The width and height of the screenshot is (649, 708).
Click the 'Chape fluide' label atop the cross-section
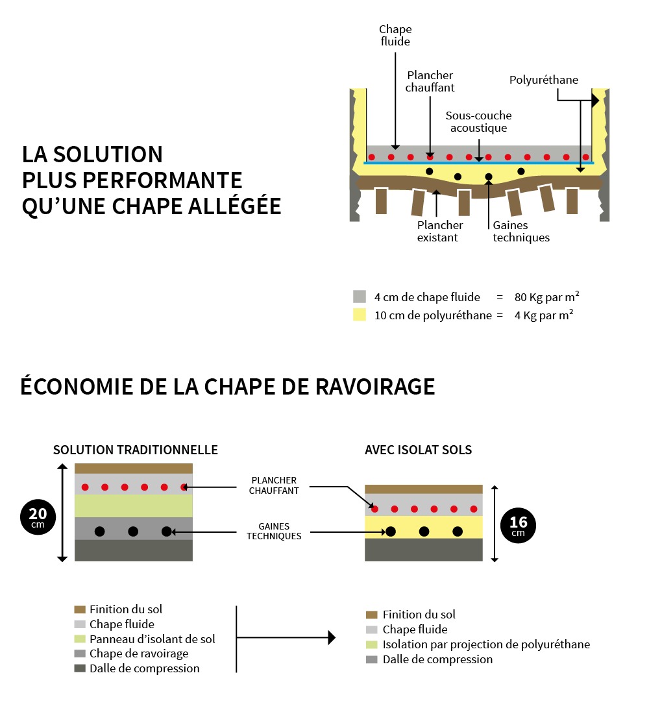tap(395, 36)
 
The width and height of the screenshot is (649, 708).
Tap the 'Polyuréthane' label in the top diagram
tap(543, 80)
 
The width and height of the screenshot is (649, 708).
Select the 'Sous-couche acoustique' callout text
tap(478, 122)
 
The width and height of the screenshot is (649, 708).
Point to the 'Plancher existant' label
tap(440, 232)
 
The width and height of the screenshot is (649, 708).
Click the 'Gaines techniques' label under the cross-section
tap(520, 232)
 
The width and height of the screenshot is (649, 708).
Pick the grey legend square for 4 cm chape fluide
tap(360, 297)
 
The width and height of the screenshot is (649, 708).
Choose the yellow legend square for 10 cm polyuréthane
tap(360, 315)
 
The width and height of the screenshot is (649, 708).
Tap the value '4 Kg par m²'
tap(543, 316)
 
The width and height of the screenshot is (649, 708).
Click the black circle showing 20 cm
tap(38, 517)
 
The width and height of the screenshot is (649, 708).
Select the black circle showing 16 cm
tap(518, 526)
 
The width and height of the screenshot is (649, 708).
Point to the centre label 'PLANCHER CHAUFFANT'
tap(274, 486)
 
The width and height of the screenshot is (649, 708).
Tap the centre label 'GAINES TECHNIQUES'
tap(274, 531)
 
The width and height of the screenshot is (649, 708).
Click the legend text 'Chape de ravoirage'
tap(139, 653)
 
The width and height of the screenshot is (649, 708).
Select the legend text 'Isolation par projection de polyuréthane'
tap(486, 644)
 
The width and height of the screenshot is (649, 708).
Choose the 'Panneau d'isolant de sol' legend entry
tap(152, 639)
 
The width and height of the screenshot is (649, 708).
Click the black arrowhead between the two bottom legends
tap(332, 638)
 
